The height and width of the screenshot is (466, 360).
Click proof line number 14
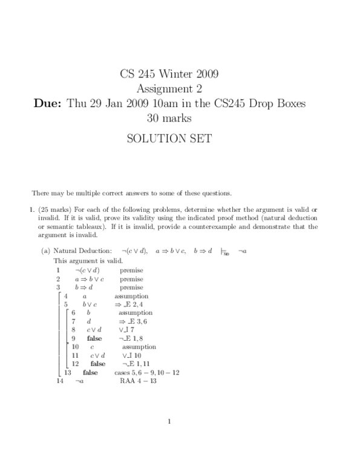coord(59,381)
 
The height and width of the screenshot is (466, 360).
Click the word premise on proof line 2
coord(131,279)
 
